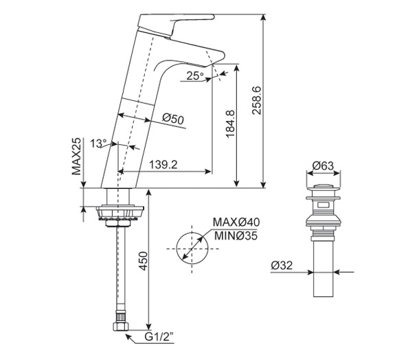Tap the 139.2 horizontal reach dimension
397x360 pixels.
[x=163, y=165]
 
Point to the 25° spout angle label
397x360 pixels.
[x=194, y=76]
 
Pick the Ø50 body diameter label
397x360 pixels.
[x=174, y=119]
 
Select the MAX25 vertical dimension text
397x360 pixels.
[x=77, y=156]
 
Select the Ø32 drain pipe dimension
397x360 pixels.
[x=283, y=265]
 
